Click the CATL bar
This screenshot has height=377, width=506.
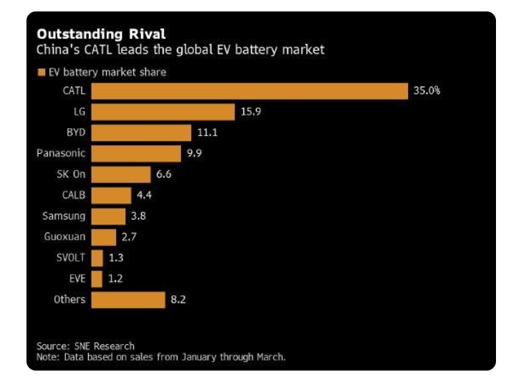249,91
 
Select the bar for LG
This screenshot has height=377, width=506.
163,112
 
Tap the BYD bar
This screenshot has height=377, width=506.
142,132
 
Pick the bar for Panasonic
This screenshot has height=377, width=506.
136,153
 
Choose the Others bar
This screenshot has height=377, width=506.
128,299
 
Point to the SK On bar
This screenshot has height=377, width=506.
121,174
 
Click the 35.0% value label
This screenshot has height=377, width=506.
427,91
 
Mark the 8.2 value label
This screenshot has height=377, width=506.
179,299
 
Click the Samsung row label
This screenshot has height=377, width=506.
64,215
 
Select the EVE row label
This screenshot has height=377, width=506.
77,278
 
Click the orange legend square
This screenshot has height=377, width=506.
42,72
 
